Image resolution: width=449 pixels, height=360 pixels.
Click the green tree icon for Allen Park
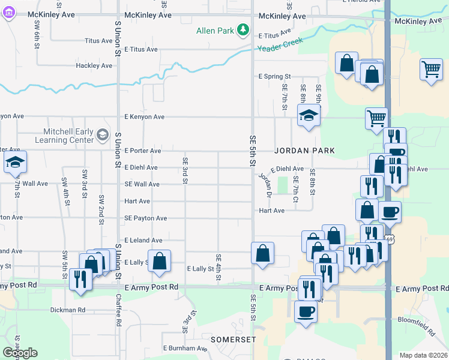click(243, 29)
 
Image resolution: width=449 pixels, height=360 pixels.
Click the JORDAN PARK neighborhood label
click(304, 150)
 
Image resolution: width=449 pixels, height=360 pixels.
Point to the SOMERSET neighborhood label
click(233, 340)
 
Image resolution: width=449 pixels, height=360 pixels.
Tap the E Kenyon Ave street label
click(144, 116)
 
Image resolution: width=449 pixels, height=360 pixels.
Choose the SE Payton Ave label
click(146, 218)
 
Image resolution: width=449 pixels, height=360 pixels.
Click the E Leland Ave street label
click(143, 240)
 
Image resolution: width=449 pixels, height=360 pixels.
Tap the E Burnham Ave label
click(185, 348)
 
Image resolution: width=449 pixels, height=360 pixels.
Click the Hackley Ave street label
click(94, 65)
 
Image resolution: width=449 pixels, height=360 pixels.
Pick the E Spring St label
click(274, 77)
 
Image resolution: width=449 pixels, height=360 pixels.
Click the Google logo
click(20, 353)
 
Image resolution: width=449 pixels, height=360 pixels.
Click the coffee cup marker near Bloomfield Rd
click(306, 311)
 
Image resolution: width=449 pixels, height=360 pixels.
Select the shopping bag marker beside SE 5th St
click(262, 253)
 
